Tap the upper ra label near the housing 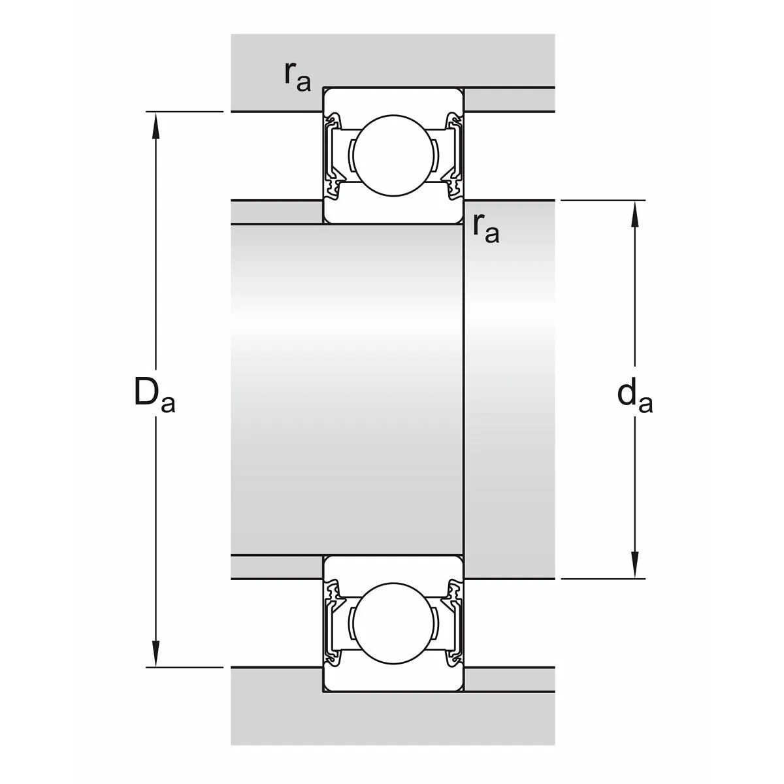coord(297,77)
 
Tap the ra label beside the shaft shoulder coord(486,229)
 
